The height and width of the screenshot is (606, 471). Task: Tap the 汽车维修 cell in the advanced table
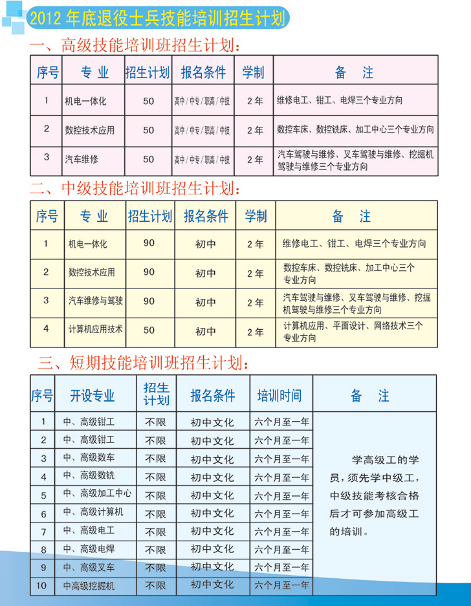[81, 158]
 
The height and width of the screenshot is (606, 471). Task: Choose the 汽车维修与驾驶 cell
[95, 301]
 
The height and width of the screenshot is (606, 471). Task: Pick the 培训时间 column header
[279, 396]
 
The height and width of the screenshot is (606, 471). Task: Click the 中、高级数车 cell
[89, 458]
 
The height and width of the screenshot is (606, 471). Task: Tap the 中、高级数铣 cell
[89, 477]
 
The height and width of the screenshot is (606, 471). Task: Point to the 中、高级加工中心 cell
[97, 494]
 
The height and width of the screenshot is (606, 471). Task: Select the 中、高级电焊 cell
[89, 550]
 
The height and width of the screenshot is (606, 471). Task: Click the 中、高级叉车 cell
[89, 568]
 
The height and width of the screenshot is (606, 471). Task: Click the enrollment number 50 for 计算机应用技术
[149, 330]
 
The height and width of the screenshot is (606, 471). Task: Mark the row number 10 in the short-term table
[43, 587]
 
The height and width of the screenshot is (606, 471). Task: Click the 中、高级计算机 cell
[93, 513]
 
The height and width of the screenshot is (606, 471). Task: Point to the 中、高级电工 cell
[89, 532]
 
